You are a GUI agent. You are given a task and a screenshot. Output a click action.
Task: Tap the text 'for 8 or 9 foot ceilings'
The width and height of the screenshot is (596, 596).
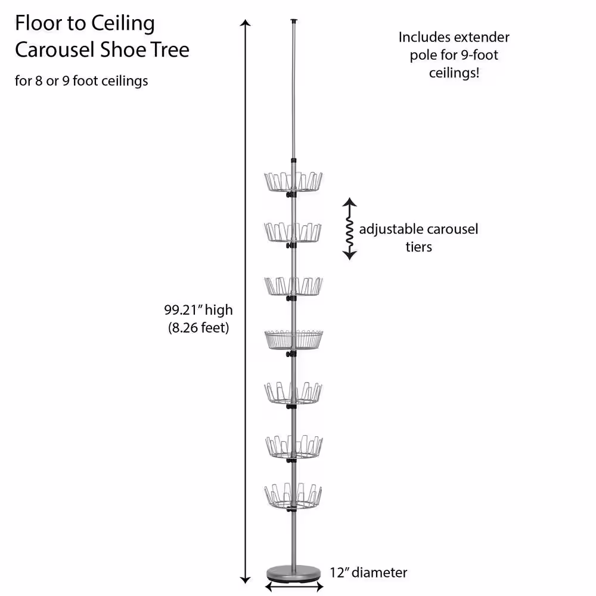pyautogui.click(x=81, y=80)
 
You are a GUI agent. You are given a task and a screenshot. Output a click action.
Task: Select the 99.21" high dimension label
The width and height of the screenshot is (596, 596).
pyautogui.click(x=198, y=310)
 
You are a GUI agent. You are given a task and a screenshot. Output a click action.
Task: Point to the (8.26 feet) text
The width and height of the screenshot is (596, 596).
pyautogui.click(x=198, y=328)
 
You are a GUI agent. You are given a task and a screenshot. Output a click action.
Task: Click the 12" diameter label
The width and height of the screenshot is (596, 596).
pyautogui.click(x=368, y=573)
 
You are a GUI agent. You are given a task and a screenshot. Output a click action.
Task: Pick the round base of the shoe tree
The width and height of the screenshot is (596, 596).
pyautogui.click(x=294, y=574)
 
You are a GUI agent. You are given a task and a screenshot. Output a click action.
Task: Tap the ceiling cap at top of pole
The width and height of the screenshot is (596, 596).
pyautogui.click(x=294, y=21)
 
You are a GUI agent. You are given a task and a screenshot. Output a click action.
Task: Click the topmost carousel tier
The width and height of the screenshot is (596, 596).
pyautogui.click(x=293, y=181)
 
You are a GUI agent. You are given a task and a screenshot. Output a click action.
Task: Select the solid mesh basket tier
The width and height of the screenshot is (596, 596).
pyautogui.click(x=293, y=339)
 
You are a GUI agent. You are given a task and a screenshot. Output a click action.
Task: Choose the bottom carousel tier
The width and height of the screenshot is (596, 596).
pyautogui.click(x=293, y=496)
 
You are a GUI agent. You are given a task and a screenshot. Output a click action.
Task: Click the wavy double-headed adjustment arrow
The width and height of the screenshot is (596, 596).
pyautogui.click(x=350, y=229)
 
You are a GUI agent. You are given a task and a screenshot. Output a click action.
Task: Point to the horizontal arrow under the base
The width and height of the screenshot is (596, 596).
pyautogui.click(x=294, y=587)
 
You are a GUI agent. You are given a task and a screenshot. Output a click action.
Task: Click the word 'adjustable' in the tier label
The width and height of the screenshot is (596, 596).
pyautogui.click(x=389, y=229)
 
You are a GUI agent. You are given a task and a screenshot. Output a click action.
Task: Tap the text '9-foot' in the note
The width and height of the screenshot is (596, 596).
pyautogui.click(x=477, y=55)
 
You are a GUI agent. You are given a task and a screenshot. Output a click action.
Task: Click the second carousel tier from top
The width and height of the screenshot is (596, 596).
pyautogui.click(x=293, y=232)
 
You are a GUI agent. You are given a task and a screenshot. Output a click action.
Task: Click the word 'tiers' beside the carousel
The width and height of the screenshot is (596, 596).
pyautogui.click(x=418, y=247)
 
